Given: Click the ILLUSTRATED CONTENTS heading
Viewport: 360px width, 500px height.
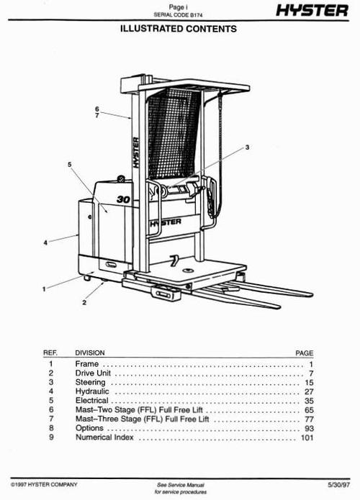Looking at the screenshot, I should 179,29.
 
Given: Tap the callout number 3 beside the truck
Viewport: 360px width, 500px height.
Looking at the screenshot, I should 247,147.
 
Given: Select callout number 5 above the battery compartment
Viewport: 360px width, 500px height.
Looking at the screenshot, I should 70,165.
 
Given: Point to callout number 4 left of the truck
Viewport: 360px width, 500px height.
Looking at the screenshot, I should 45,242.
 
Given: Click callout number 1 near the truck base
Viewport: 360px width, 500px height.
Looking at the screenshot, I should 45,288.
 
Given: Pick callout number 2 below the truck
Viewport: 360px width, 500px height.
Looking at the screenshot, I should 84,303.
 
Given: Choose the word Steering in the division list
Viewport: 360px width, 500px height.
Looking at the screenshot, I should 91,383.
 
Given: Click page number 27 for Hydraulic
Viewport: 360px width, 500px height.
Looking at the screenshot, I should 308,391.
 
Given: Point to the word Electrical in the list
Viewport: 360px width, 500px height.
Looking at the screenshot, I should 92,401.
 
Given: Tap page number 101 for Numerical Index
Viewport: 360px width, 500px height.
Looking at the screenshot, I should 307,437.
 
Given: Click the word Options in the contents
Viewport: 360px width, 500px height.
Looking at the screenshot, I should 90,428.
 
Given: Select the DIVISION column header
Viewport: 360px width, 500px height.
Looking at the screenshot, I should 90,353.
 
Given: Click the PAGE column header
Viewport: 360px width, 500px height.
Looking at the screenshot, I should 305,353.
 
